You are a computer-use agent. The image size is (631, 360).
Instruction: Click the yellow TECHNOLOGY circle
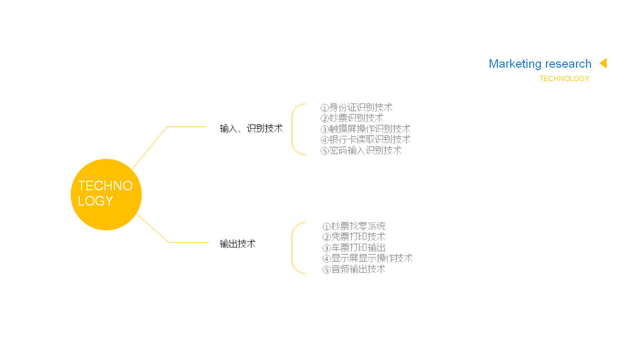pos(106,194)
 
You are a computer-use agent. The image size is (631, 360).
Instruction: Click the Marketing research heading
pos(540,64)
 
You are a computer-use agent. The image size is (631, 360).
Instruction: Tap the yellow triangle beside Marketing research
pos(604,63)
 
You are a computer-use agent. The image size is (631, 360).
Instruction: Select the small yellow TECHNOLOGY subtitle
pos(564,79)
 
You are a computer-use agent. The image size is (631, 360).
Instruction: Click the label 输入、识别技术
pos(251,128)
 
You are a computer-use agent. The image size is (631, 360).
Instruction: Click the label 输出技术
pos(238,244)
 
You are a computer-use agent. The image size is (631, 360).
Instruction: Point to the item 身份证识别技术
pos(357,108)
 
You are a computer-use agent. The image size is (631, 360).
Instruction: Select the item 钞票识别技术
pos(352,118)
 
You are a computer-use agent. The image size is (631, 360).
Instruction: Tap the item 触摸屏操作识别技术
pos(365,129)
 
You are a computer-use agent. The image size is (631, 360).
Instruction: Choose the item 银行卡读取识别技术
pos(365,140)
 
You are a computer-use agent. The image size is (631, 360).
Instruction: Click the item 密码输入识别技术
pos(361,150)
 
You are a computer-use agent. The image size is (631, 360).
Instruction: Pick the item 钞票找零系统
pos(354,227)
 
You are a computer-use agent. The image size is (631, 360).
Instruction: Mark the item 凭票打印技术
pos(354,237)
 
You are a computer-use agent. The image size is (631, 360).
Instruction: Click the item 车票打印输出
pos(354,248)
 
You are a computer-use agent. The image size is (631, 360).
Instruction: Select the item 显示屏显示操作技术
pos(368,258)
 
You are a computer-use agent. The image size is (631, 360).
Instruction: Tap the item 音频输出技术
pos(354,269)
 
